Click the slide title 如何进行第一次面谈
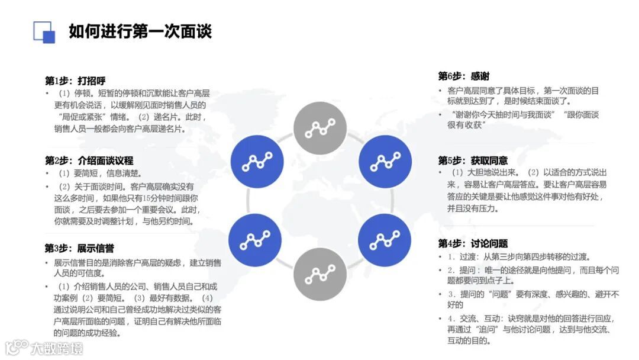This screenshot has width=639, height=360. point(140,31)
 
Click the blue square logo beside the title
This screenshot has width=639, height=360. point(44,32)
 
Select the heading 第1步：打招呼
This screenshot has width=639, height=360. point(75,81)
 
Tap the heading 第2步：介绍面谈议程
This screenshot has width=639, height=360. point(89,160)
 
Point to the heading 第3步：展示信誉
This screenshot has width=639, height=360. point(79,248)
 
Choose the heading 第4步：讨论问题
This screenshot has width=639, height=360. point(473,243)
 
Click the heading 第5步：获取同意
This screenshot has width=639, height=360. point(473,160)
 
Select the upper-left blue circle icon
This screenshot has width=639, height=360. point(257,160)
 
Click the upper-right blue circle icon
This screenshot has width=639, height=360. point(385,160)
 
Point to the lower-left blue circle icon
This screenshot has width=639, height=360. point(255,240)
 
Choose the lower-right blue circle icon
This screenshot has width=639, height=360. point(385,240)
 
